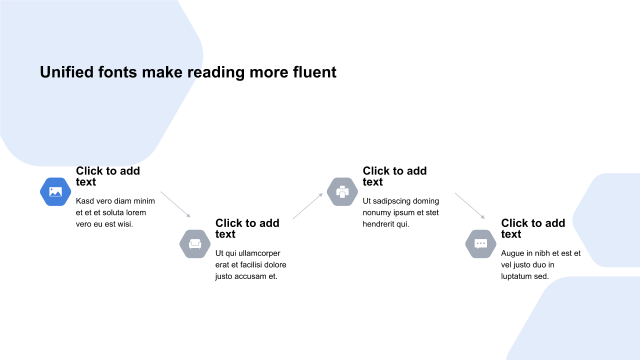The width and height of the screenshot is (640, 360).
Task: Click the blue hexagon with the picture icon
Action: pyautogui.click(x=55, y=191)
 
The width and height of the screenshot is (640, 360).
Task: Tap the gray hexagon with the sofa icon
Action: pyautogui.click(x=195, y=244)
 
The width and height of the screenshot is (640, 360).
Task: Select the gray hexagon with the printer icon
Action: pyautogui.click(x=342, y=191)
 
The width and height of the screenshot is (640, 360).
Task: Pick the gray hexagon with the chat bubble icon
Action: pyautogui.click(x=480, y=244)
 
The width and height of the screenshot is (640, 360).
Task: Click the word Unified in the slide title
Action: pyautogui.click(x=67, y=72)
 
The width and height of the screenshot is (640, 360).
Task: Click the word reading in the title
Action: pyautogui.click(x=216, y=73)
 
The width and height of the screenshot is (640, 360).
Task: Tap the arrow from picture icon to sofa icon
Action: pyautogui.click(x=175, y=204)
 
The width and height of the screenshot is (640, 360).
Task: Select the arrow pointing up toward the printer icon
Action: pyautogui.click(x=308, y=205)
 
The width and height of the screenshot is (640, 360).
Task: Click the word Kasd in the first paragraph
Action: pyautogui.click(x=85, y=201)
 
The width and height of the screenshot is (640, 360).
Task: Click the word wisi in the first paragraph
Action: pyautogui.click(x=125, y=224)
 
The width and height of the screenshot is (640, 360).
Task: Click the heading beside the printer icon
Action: pyautogui.click(x=394, y=176)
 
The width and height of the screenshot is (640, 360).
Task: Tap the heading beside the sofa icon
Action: pyautogui.click(x=247, y=228)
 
